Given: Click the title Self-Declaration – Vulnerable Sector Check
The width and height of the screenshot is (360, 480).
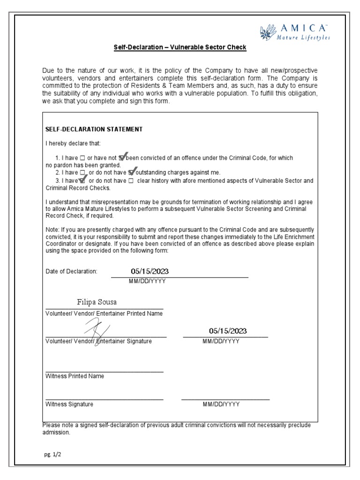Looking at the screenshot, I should click(180, 48).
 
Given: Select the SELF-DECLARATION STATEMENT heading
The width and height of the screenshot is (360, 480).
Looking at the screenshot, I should click(94, 129).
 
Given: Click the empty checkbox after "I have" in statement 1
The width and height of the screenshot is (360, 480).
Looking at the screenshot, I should click(82, 158).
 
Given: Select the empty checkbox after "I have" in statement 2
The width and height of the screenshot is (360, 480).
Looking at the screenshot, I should click(82, 173).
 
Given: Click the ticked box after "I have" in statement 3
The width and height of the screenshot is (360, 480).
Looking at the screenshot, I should click(83, 180).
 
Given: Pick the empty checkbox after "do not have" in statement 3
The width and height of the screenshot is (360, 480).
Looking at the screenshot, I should click(131, 180).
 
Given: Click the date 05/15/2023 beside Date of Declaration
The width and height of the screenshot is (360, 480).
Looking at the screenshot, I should click(150, 271).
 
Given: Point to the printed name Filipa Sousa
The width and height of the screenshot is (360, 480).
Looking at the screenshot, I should click(97, 301).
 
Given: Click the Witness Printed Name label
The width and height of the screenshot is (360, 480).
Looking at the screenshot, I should click(75, 376).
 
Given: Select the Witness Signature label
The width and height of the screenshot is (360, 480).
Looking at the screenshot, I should click(69, 404).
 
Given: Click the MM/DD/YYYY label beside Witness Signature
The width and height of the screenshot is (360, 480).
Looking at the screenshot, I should click(221, 404).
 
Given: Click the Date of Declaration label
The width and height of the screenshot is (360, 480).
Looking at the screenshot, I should click(71, 271).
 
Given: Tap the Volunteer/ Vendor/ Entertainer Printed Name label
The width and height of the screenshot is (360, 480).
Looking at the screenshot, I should click(104, 314).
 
